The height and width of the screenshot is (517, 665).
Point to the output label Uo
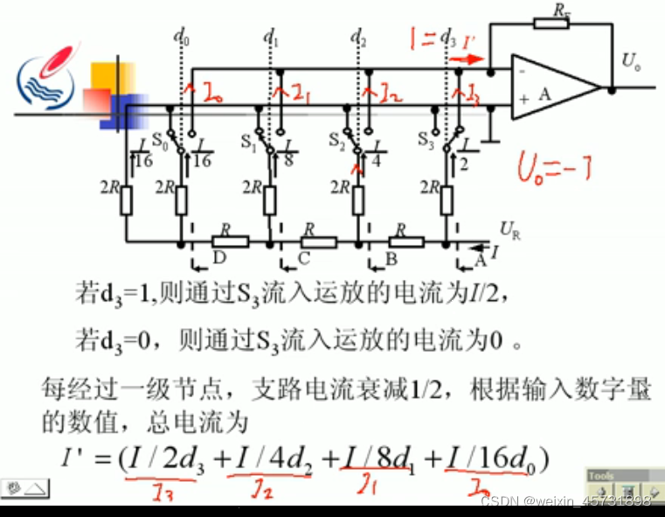tap(631, 60)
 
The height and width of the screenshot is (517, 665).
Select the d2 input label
tap(357, 37)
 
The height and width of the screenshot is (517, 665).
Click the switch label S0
tap(159, 138)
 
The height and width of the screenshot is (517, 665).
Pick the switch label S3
tap(426, 138)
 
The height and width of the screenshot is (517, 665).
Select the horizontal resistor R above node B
tap(405, 241)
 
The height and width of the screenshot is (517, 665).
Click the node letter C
tap(303, 260)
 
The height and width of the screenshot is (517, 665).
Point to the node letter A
tap(478, 260)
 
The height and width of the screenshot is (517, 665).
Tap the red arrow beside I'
tap(467, 60)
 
